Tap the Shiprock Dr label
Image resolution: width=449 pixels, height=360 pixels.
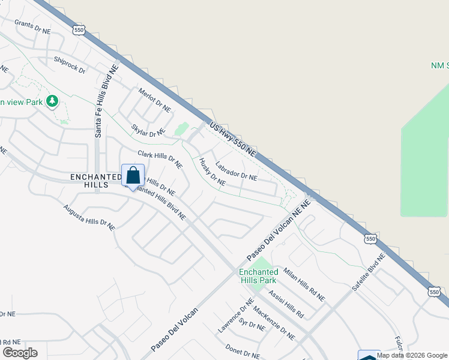[x=70, y=65]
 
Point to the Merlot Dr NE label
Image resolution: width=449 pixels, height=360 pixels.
[x=154, y=100]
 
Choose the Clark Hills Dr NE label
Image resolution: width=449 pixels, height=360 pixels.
[x=159, y=158]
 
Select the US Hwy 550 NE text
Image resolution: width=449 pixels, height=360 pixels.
[x=233, y=140]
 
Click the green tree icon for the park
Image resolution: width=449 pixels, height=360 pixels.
[x=53, y=101]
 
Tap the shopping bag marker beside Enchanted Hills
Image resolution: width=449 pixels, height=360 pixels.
[x=133, y=176]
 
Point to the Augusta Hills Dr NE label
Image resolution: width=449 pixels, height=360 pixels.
[x=89, y=217]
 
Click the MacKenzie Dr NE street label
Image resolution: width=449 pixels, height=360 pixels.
[x=274, y=323]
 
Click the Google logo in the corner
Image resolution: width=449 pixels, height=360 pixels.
[x=20, y=353]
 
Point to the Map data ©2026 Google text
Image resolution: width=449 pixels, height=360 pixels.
[x=412, y=355]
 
